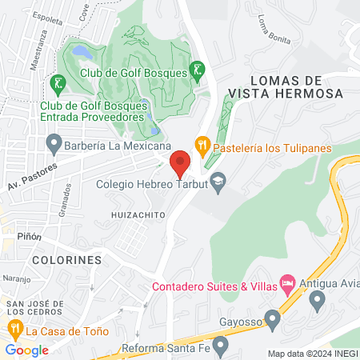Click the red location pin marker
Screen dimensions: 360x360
(181, 164)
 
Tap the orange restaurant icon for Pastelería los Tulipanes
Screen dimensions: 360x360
(202, 146)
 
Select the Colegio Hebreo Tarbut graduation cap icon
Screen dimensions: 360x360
(217, 183)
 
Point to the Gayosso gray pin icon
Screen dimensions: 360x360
(272, 320)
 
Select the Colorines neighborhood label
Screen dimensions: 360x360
(67, 260)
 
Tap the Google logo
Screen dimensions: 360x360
(26, 350)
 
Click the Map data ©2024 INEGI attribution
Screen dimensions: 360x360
(311, 354)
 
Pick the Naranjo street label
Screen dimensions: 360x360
(15, 279)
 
